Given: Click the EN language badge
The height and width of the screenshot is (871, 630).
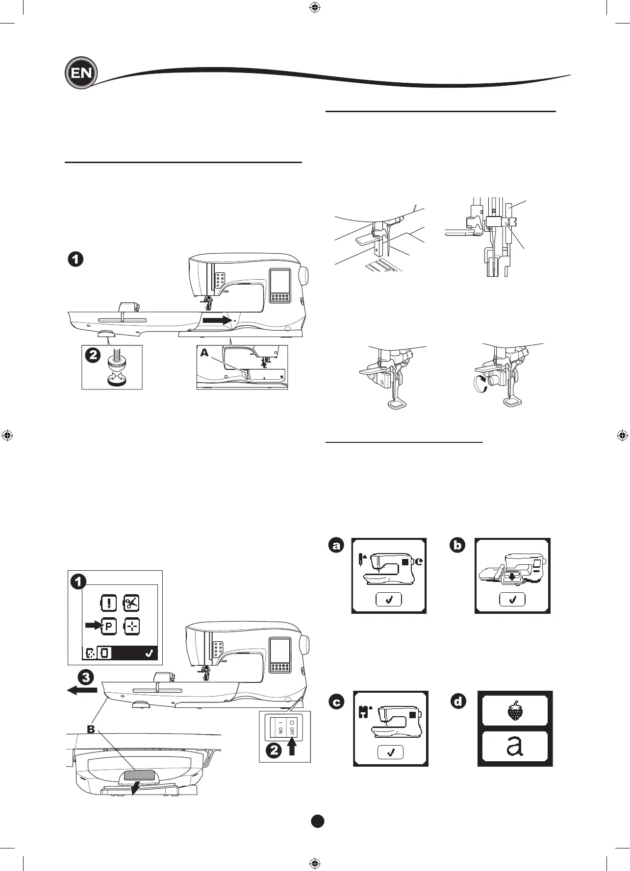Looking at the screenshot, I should coord(81,73).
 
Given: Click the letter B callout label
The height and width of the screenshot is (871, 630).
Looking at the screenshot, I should coord(91,729).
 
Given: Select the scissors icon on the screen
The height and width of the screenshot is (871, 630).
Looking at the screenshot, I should coord(131,603).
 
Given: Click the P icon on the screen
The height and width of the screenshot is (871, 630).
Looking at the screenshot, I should coord(108,626).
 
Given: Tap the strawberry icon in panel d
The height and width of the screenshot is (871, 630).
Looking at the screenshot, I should coord(515,710).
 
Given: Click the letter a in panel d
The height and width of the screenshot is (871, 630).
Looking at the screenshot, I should coord(515,747).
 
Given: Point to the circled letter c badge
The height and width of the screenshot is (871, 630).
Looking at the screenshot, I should coord(336,702).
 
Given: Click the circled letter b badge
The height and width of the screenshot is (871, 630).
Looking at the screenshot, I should coord(457,545).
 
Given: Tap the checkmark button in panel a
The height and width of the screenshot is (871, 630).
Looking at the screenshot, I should coord(389,600).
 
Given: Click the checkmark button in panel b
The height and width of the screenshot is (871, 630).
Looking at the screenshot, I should coord(513,600).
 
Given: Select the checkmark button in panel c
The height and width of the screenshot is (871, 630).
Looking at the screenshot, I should coord(391,752).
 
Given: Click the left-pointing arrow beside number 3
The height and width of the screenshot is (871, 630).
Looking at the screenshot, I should coord(82,690).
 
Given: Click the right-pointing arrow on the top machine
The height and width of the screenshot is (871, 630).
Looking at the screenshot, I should coord(217,320).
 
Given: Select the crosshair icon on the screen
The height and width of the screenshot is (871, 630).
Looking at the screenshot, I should coord(131,626).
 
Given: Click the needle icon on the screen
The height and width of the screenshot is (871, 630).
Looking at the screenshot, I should coord(108,603).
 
